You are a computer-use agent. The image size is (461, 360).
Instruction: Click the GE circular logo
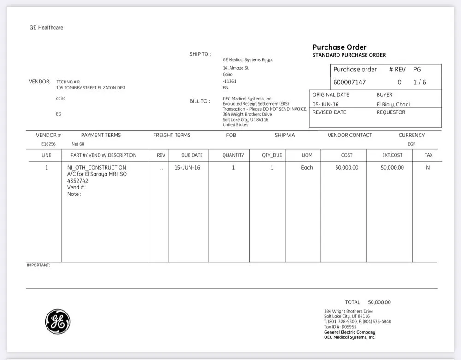pyautogui.click(x=58, y=321)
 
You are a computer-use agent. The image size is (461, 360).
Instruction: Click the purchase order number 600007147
pyautogui.click(x=349, y=82)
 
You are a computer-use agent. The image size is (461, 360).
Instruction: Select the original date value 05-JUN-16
pyautogui.click(x=325, y=104)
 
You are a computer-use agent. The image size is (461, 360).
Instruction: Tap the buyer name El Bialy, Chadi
pyautogui.click(x=393, y=104)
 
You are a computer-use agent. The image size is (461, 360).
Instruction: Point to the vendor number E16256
pyautogui.click(x=48, y=144)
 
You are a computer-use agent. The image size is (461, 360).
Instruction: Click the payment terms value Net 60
pyautogui.click(x=78, y=144)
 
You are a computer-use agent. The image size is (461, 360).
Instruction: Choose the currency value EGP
pyautogui.click(x=411, y=144)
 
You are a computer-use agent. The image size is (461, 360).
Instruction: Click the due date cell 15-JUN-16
pyautogui.click(x=187, y=168)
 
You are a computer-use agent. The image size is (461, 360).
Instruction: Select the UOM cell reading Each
pyautogui.click(x=307, y=168)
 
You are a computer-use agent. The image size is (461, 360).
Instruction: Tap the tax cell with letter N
pyautogui.click(x=428, y=168)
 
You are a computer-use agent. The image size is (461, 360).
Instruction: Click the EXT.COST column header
pyautogui.click(x=392, y=155)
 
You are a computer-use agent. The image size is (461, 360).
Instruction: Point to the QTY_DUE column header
pyautogui.click(x=272, y=155)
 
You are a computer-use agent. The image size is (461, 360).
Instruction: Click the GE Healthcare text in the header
pyautogui.click(x=46, y=28)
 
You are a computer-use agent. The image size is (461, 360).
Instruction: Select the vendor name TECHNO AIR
pyautogui.click(x=68, y=82)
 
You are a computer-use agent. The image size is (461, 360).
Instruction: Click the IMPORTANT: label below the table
pyautogui.click(x=38, y=265)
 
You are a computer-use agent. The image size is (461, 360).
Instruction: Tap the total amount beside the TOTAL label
pyautogui.click(x=379, y=302)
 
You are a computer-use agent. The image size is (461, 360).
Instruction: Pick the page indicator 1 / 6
pyautogui.click(x=420, y=82)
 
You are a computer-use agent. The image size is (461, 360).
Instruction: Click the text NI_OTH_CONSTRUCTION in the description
pyautogui.click(x=96, y=168)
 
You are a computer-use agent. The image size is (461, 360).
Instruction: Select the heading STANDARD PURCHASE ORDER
pyautogui.click(x=349, y=55)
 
